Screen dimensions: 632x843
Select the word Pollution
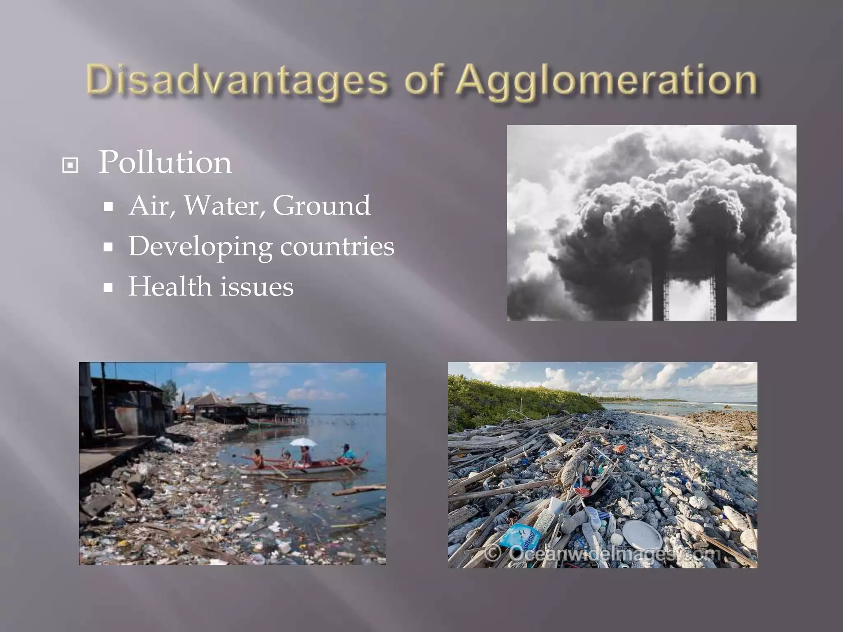(x=165, y=162)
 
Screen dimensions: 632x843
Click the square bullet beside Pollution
(x=70, y=165)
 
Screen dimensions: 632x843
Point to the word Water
(x=224, y=205)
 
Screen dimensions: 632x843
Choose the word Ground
(x=321, y=205)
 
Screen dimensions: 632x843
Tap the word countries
(x=337, y=246)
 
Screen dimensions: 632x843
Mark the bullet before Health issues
(x=108, y=288)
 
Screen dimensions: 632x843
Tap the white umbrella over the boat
(x=303, y=442)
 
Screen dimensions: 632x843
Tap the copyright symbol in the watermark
(x=493, y=553)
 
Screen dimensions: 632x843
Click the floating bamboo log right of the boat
(x=359, y=490)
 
